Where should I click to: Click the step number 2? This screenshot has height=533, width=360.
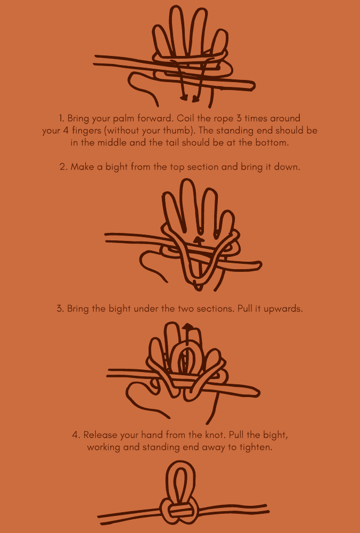click(62, 167)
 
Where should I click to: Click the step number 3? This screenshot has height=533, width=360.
click(60, 309)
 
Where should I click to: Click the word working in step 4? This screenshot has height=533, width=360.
click(105, 448)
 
